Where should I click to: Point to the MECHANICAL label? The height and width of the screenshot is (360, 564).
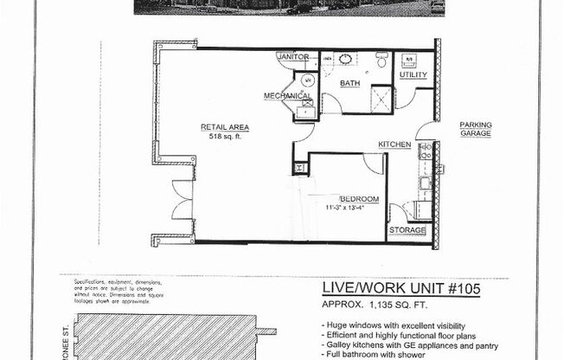[287, 96]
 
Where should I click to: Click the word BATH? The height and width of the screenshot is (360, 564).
[349, 84]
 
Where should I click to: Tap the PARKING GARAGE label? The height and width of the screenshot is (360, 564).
[475, 129]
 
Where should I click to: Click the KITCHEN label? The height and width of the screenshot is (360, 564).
[394, 144]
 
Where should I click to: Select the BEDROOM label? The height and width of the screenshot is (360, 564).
[358, 198]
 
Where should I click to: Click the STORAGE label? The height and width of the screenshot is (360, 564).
[407, 230]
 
